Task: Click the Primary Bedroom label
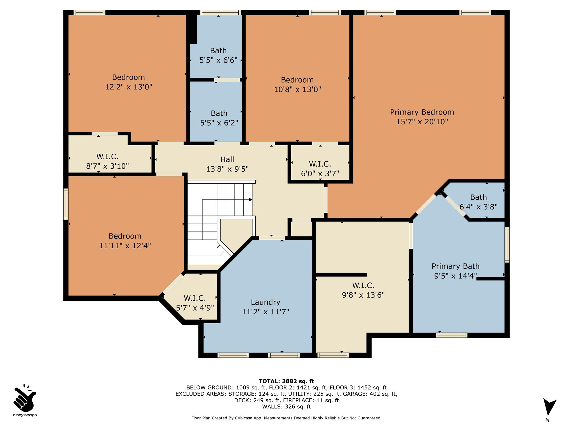click(422, 112)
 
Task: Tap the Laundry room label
click(266, 302)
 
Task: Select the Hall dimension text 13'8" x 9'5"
click(227, 169)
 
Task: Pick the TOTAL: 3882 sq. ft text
click(286, 381)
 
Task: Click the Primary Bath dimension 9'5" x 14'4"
click(455, 276)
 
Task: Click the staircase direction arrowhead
click(250, 200)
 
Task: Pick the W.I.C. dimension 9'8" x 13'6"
click(363, 295)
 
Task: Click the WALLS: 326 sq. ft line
click(286, 407)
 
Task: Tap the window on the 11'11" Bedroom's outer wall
click(66, 204)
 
